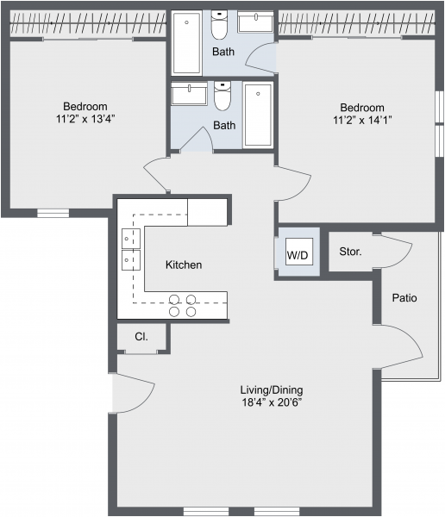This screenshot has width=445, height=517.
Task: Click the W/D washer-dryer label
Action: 298,254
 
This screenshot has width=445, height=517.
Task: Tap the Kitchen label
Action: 184,265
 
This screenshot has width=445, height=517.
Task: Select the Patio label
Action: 404,298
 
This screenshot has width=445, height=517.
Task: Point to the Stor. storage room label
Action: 350,252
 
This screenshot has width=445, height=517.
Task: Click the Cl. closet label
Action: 141,337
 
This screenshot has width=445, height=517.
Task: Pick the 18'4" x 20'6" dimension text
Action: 272,402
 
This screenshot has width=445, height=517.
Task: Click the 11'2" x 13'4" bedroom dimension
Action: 85,119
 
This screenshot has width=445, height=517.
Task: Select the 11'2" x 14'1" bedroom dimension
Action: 362,120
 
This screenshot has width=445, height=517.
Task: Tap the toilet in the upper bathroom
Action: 219,24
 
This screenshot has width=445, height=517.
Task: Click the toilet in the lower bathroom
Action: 222,96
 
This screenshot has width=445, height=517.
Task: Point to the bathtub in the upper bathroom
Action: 186,43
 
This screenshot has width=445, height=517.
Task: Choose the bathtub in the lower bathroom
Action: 258,115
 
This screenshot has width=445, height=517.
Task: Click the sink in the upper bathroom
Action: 255,22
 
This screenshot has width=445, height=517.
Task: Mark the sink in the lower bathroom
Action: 189,94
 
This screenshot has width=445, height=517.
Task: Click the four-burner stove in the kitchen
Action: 183,306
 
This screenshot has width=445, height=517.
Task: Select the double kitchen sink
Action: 131,249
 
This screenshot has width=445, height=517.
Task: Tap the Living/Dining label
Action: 272,390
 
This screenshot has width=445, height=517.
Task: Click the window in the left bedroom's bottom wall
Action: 53,214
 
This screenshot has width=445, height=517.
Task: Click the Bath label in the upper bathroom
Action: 223,52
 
